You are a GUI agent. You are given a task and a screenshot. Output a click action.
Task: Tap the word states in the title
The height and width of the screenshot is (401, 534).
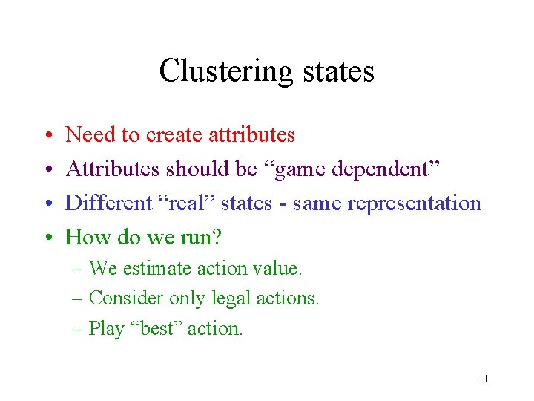[x=338, y=72]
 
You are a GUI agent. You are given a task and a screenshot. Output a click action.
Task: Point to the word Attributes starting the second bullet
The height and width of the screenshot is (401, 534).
[x=113, y=169]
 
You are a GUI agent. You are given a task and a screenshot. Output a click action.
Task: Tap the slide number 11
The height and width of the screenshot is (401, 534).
[x=484, y=379]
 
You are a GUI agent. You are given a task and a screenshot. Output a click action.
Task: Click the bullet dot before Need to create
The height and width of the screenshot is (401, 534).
[x=47, y=136]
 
